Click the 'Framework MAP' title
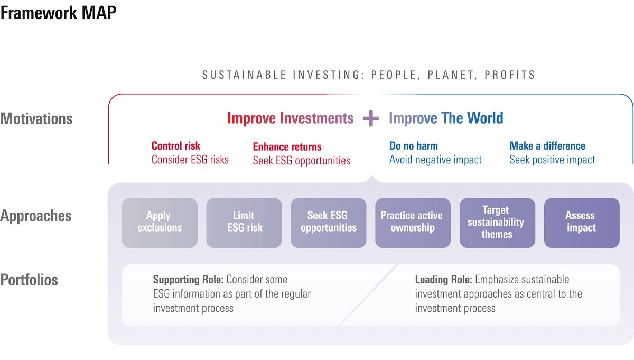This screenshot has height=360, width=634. click(x=58, y=13)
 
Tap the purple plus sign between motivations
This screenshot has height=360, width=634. click(x=371, y=118)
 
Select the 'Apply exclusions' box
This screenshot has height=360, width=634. click(x=160, y=223)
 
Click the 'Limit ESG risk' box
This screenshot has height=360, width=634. click(x=244, y=223)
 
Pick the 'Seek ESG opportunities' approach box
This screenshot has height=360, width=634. click(x=328, y=223)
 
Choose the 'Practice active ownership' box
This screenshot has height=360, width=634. click(x=413, y=223)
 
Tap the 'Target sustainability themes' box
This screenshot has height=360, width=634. click(x=497, y=223)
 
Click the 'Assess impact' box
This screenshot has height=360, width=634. click(x=582, y=223)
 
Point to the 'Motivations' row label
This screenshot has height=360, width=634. click(x=36, y=118)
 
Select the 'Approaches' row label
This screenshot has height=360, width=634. click(x=36, y=216)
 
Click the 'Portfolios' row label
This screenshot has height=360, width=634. click(x=29, y=280)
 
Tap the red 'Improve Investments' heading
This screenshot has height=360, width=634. click(x=291, y=118)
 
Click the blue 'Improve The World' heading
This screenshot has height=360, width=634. click(x=446, y=118)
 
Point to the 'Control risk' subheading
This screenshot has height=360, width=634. click(x=176, y=146)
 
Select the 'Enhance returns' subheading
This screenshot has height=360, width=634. click(x=287, y=147)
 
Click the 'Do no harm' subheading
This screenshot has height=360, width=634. click(x=414, y=146)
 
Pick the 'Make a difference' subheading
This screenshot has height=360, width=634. click(x=547, y=146)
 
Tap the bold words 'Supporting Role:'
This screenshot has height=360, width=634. click(x=188, y=280)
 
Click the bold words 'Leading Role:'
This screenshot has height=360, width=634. click(x=443, y=280)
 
